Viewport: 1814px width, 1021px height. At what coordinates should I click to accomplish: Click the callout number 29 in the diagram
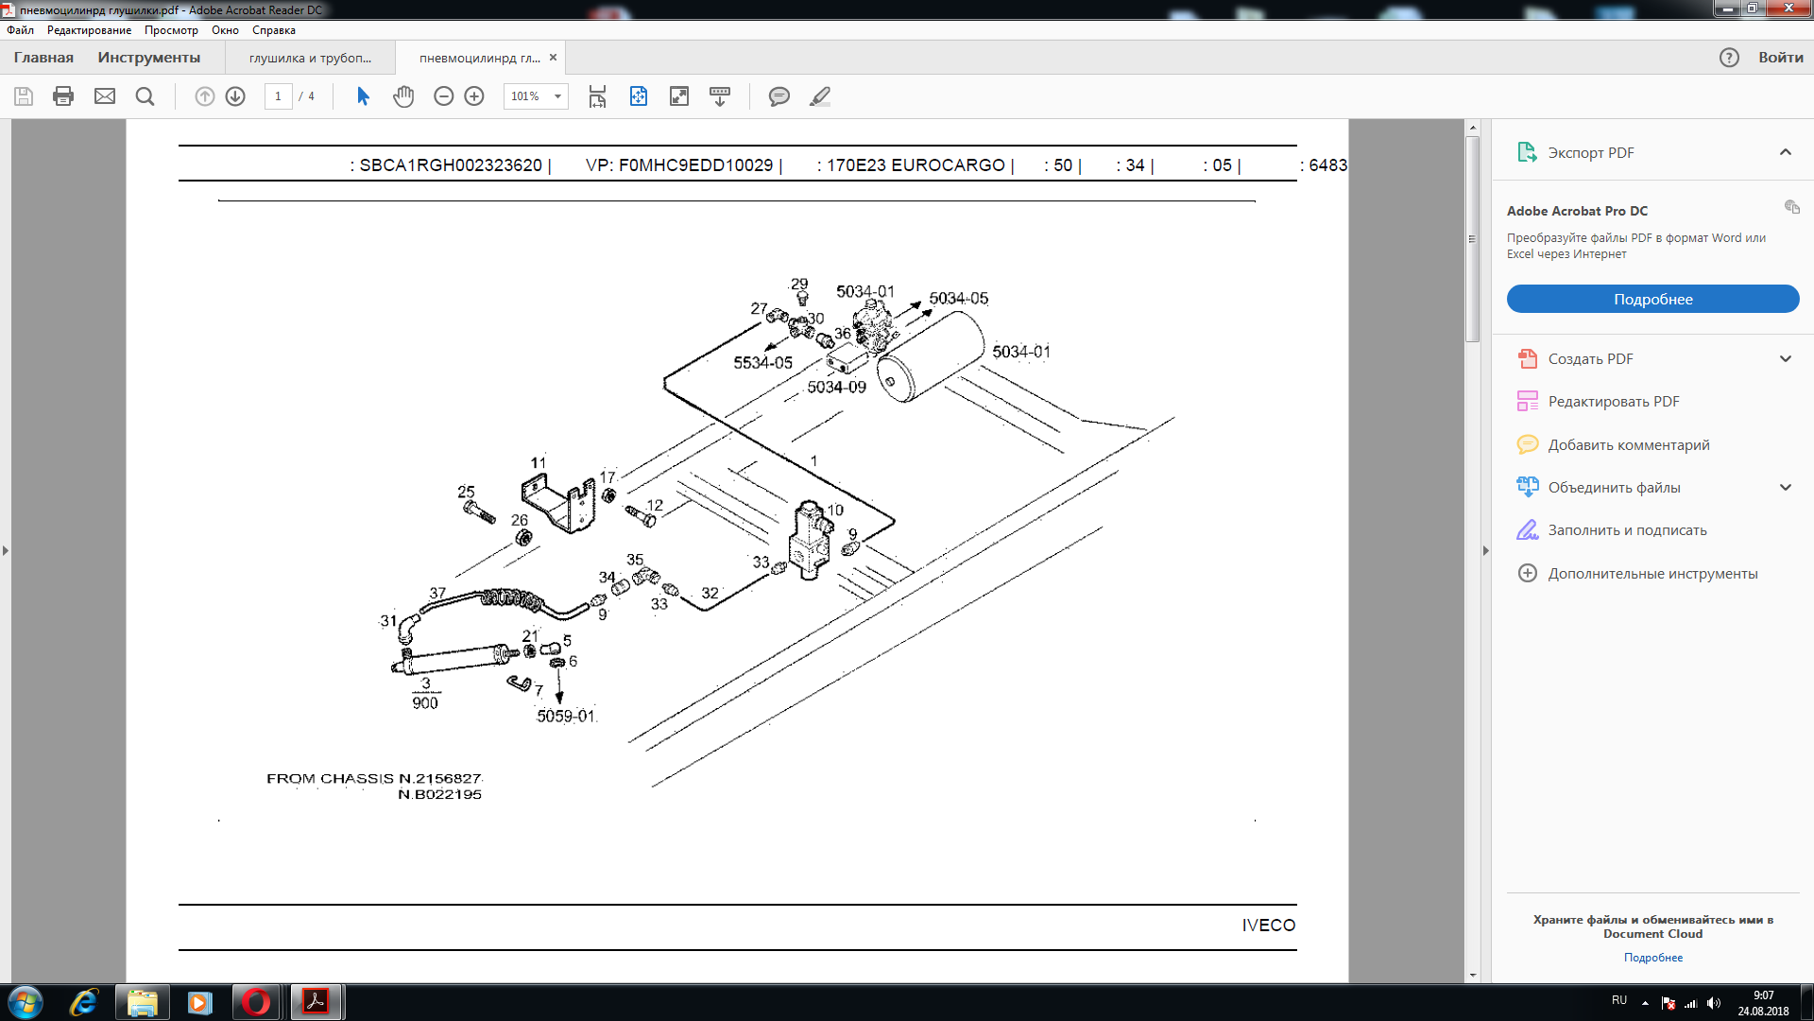[x=799, y=284]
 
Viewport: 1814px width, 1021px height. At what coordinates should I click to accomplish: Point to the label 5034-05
[x=958, y=299]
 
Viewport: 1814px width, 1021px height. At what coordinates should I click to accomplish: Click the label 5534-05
[x=762, y=363]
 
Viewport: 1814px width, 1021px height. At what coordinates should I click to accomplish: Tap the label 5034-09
[x=836, y=388]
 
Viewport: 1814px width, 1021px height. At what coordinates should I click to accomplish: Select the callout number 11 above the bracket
[x=538, y=462]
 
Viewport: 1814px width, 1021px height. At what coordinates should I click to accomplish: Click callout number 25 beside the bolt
[x=466, y=492]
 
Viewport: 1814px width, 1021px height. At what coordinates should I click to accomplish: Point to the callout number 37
[x=437, y=594]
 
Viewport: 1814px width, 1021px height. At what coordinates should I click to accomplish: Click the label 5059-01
[x=566, y=717]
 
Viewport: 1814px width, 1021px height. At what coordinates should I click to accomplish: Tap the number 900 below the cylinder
[x=425, y=703]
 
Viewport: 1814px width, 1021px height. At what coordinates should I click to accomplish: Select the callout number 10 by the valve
[x=835, y=510]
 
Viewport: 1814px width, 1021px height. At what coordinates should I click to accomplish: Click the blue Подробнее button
[x=1652, y=299]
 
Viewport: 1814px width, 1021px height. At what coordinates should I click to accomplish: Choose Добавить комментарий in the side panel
[x=1628, y=445]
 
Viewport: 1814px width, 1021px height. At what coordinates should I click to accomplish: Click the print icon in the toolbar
[x=63, y=96]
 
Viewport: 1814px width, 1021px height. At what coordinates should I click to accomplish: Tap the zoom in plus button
[x=474, y=96]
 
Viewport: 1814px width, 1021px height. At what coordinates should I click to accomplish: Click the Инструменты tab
[x=148, y=58]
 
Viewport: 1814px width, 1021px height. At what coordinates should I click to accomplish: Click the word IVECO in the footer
[x=1269, y=926]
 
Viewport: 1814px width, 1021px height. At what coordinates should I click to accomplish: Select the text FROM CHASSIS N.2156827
[x=374, y=779]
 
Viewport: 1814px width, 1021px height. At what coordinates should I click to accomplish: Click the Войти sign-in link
[x=1780, y=58]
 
